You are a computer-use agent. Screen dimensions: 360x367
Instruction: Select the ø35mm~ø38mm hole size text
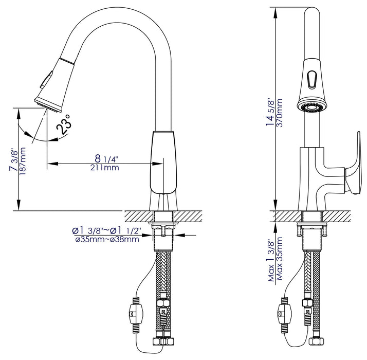click(x=106, y=239)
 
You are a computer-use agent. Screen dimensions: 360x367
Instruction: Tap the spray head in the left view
click(x=51, y=85)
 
